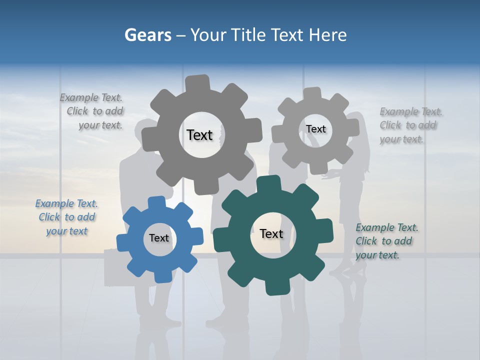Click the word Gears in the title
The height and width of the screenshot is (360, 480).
tap(147, 35)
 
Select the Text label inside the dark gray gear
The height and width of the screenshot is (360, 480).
tap(199, 135)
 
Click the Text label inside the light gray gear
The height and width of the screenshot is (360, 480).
tap(315, 129)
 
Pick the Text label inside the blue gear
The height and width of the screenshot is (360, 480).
tap(159, 238)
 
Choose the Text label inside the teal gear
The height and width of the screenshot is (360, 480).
tap(271, 233)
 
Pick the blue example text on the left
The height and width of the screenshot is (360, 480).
tap(67, 217)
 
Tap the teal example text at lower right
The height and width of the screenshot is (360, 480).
tap(386, 241)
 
